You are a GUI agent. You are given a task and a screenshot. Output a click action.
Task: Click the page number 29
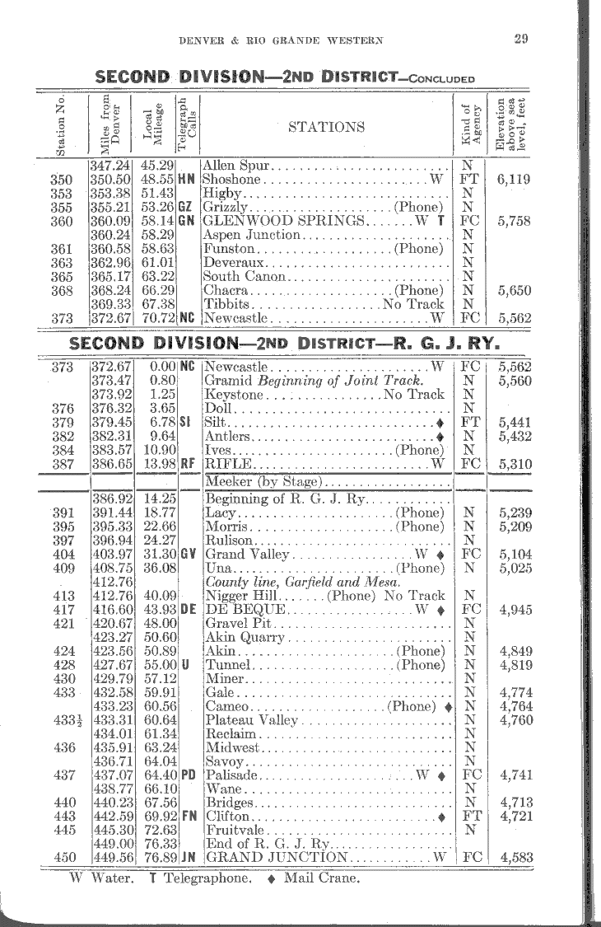click(520, 38)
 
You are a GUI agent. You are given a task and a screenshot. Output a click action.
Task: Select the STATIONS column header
click(326, 126)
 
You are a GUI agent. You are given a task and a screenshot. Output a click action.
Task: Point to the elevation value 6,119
click(515, 178)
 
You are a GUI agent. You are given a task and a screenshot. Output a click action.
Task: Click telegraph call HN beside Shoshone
click(185, 178)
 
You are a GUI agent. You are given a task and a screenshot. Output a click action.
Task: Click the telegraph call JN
click(187, 856)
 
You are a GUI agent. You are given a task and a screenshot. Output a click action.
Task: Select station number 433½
click(63, 720)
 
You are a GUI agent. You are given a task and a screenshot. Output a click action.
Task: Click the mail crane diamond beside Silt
click(442, 422)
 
